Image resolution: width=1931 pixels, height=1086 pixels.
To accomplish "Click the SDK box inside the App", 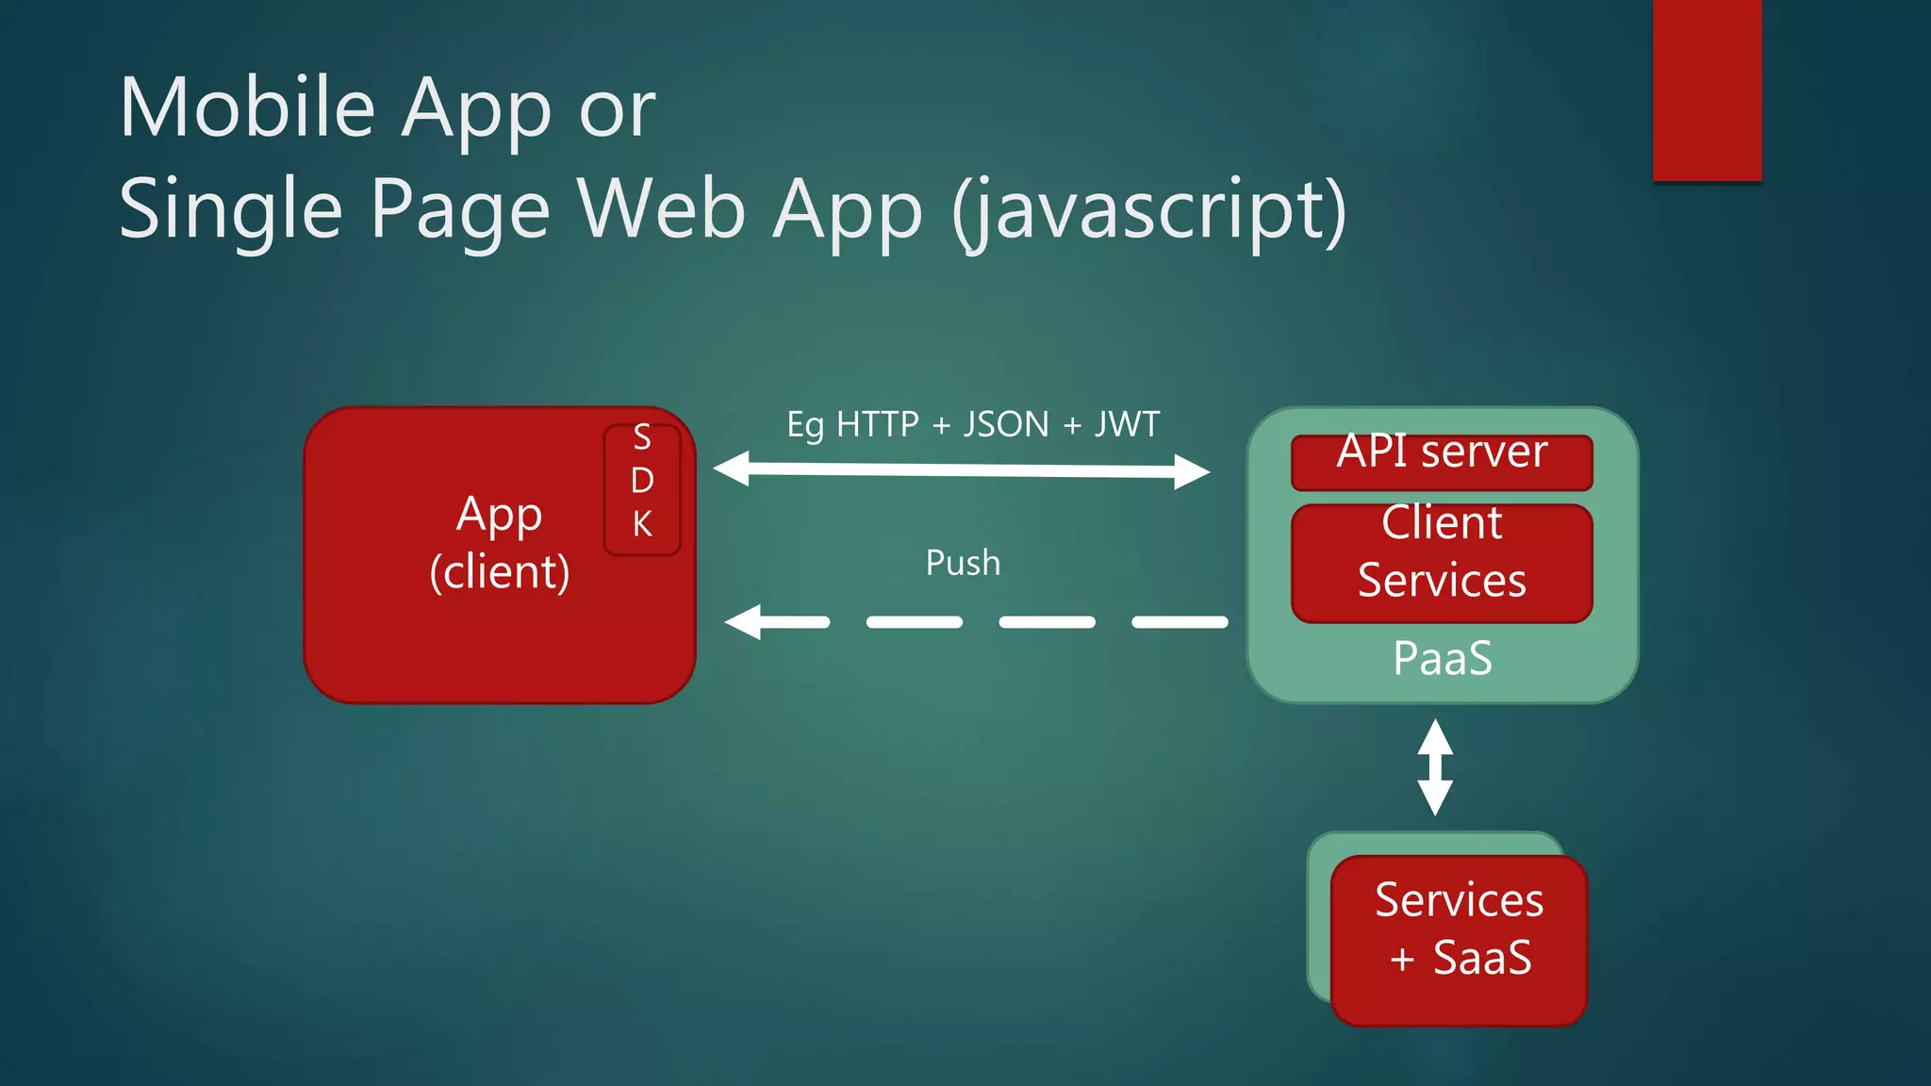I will [642, 489].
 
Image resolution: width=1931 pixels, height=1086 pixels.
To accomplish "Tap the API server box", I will [1442, 461].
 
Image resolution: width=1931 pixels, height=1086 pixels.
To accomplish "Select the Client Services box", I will [1442, 563].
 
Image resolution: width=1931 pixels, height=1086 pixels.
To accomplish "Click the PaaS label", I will [1443, 658].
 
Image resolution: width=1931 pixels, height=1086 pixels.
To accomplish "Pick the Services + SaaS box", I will [1459, 939].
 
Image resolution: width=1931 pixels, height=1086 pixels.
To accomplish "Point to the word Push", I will [963, 563].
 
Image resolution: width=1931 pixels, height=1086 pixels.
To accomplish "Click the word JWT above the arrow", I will [1127, 424].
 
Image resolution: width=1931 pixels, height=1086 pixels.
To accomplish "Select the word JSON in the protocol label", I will [1006, 424].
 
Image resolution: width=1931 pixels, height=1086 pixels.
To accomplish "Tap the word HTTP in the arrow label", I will [877, 424].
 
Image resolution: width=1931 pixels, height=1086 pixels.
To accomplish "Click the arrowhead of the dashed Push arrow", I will [744, 622].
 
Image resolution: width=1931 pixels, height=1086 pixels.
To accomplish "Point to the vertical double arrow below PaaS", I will [1435, 767].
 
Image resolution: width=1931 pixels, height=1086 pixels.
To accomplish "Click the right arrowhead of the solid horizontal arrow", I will [1192, 471].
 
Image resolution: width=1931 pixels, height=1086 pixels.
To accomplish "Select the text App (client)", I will [500, 543].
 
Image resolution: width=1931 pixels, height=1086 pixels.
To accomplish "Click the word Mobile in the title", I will [247, 107].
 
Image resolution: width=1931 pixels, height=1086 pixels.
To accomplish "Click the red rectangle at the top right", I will [1707, 90].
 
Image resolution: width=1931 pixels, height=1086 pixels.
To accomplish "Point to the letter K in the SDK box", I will [642, 524].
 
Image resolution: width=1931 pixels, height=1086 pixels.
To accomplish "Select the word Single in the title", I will [230, 209].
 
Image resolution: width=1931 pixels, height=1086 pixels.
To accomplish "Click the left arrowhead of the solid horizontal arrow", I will [732, 468].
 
